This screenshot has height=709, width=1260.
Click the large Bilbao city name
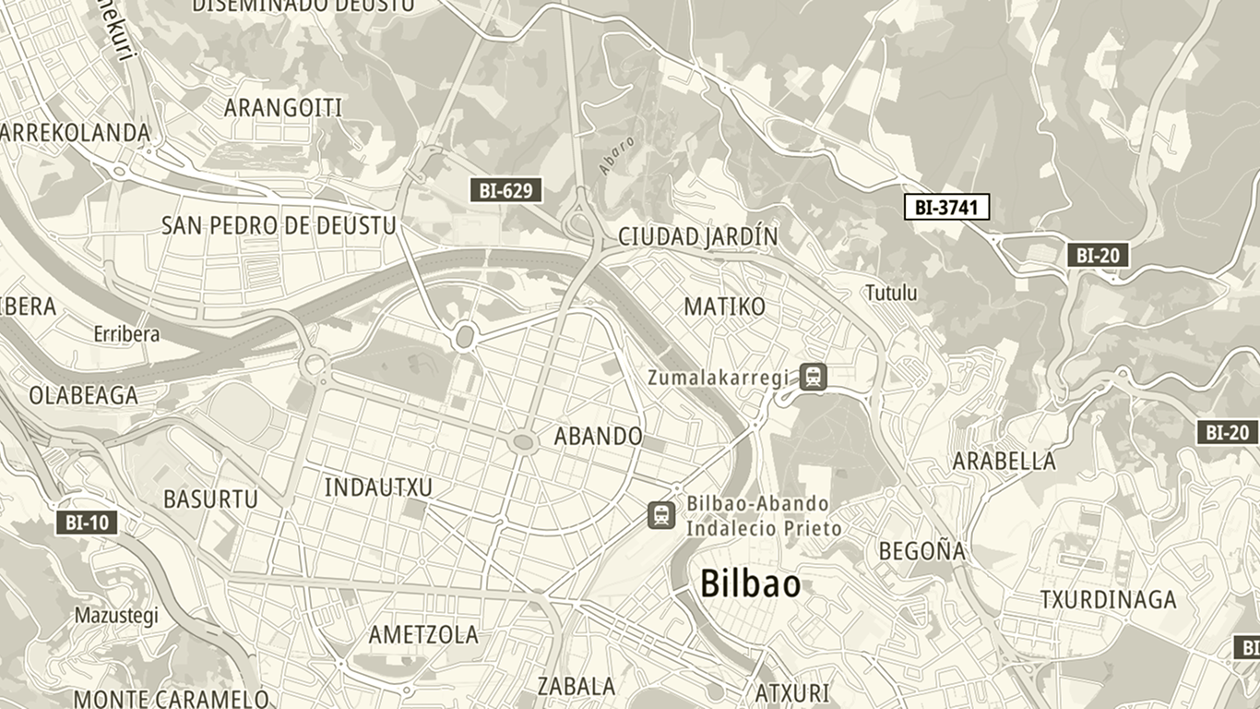click(750, 584)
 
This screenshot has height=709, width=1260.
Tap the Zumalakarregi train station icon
click(813, 377)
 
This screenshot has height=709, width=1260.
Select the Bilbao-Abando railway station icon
click(661, 515)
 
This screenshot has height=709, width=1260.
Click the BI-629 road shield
click(505, 191)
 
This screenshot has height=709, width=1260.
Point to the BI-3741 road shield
click(945, 207)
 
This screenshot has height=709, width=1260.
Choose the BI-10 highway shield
click(87, 523)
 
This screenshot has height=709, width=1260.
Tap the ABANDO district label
click(598, 436)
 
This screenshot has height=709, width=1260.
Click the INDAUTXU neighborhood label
click(378, 487)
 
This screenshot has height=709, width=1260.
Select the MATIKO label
click(724, 306)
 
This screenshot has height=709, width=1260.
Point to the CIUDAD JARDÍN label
click(697, 237)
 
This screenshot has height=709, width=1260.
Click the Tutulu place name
click(891, 294)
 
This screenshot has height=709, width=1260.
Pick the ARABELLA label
click(1004, 461)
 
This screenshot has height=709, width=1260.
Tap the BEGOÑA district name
click(921, 552)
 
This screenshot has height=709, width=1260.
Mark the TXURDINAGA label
click(1108, 600)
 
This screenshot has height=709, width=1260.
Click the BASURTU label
click(210, 499)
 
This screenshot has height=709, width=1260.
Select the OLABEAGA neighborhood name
click(83, 396)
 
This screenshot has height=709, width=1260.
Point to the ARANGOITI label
click(283, 108)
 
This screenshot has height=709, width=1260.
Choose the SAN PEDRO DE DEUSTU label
click(279, 225)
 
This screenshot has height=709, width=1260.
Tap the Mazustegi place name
click(116, 615)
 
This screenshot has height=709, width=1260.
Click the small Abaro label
click(617, 155)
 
